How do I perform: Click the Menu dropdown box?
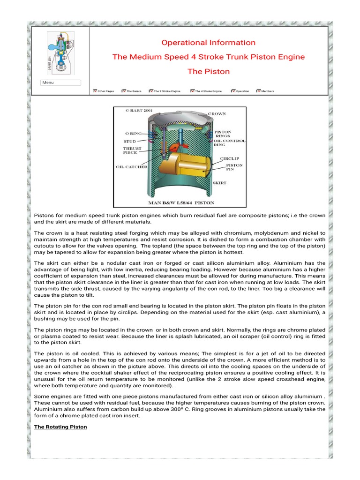[60, 82]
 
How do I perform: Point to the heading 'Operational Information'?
[208, 43]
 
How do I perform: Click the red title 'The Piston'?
[208, 72]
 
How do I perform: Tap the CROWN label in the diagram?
[217, 114]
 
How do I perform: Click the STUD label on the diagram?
[130, 141]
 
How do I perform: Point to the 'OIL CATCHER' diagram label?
[132, 167]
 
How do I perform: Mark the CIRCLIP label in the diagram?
[230, 159]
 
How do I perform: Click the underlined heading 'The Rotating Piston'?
[60, 427]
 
